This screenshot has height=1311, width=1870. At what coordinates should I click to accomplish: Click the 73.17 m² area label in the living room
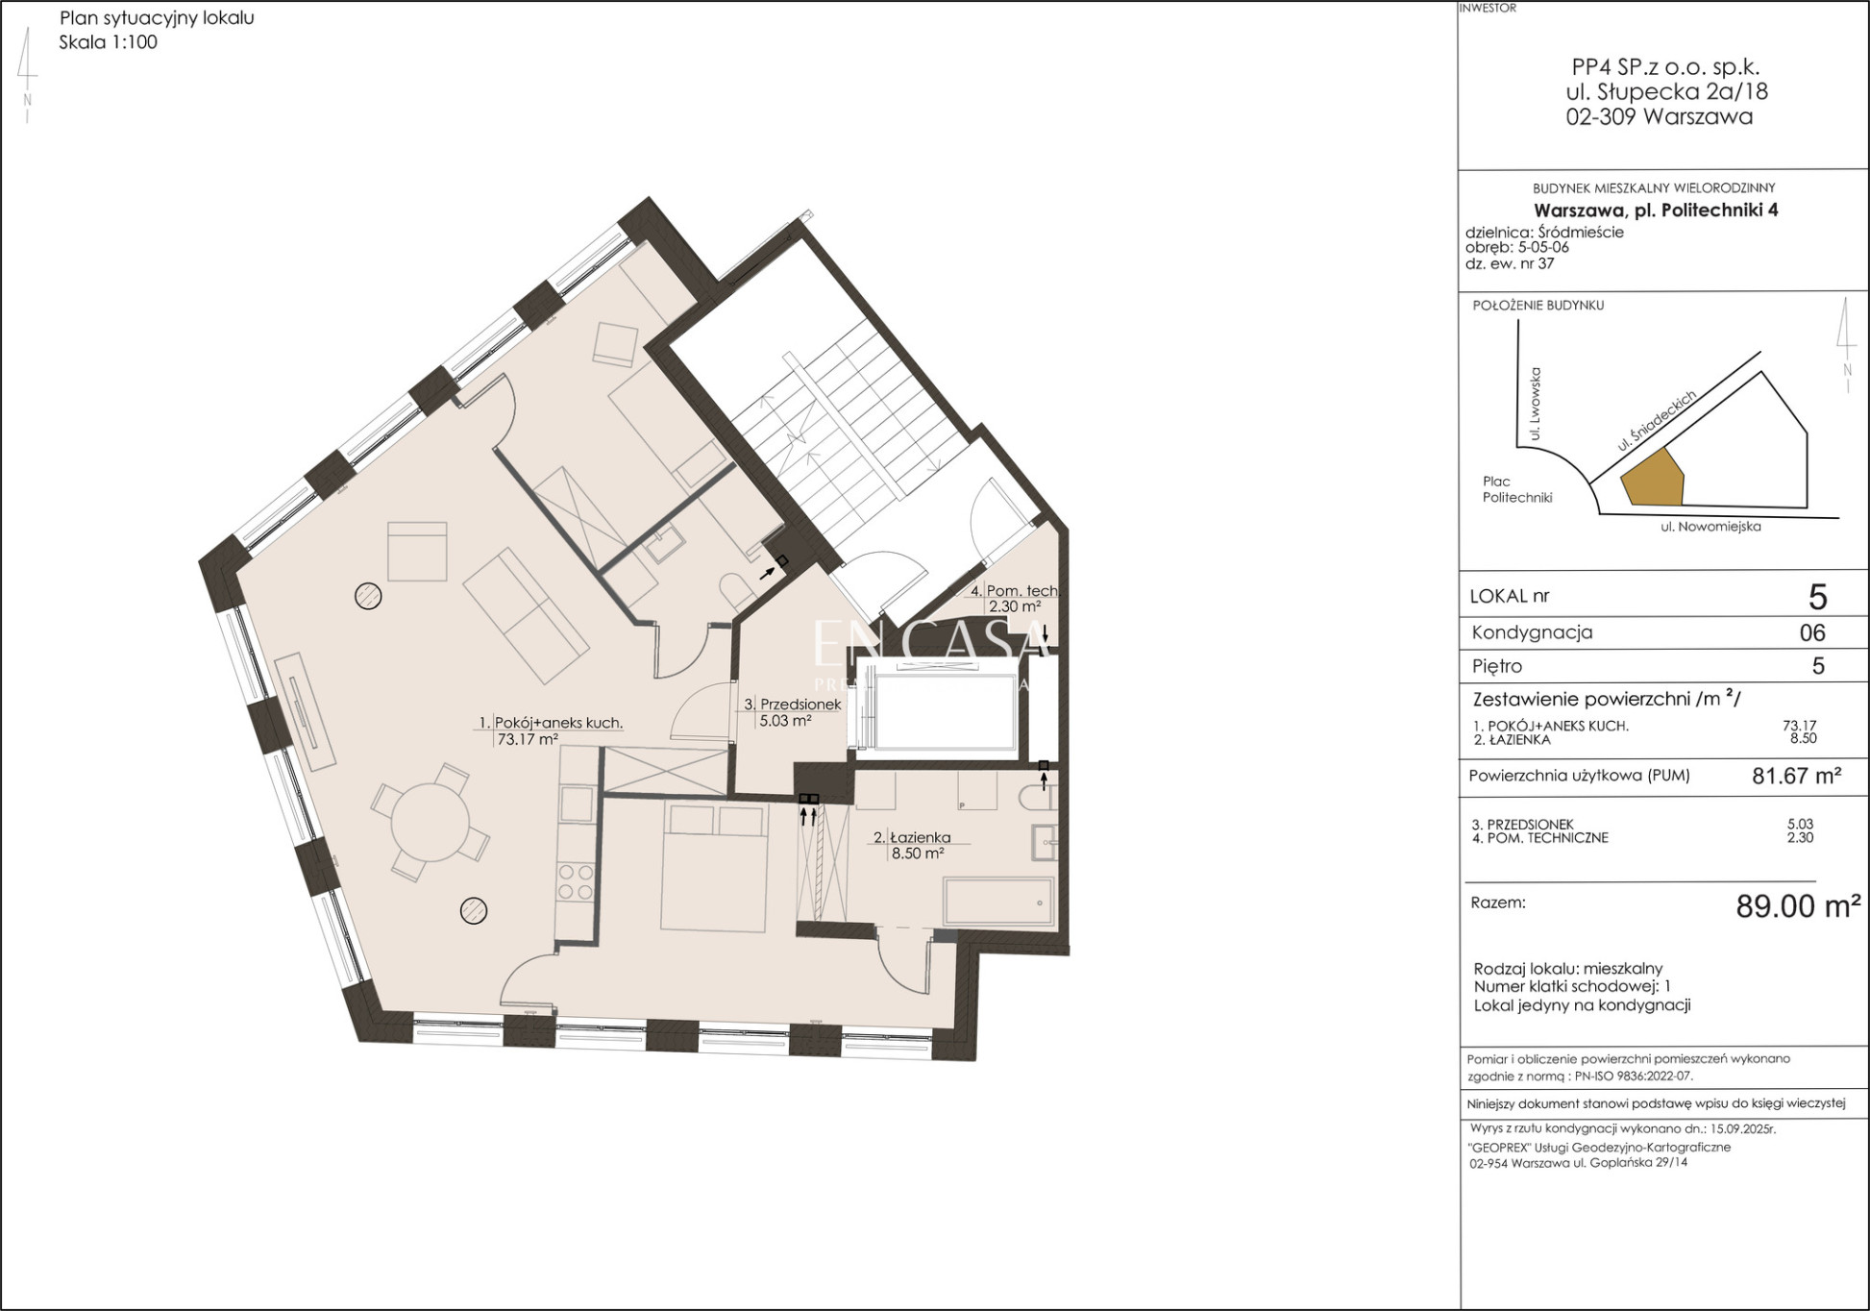coord(528,740)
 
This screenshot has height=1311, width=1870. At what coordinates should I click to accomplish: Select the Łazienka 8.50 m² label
coord(918,845)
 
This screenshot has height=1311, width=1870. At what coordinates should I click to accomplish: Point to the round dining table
coord(430,823)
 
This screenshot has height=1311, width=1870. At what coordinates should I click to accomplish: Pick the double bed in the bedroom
coord(714,868)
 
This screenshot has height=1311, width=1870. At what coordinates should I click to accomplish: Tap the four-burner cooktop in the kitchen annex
coord(576,882)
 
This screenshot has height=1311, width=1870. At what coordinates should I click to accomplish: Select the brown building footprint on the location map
coord(1653,478)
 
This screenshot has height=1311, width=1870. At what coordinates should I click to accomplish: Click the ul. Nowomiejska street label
coord(1710,527)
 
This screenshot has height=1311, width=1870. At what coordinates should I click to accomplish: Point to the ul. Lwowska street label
coord(1535,404)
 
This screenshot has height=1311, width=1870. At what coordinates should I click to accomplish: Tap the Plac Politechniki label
coord(1517,489)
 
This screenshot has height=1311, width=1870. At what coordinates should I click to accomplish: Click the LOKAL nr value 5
coord(1817,597)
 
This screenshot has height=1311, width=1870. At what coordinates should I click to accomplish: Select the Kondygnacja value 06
coord(1811,632)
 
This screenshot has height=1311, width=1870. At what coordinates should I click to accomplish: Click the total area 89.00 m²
coord(1798,906)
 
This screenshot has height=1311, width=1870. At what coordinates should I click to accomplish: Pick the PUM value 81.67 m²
coord(1796,776)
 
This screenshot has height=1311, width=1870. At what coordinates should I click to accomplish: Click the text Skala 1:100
coord(108,42)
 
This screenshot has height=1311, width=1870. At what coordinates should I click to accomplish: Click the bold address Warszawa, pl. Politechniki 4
coord(1656,210)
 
